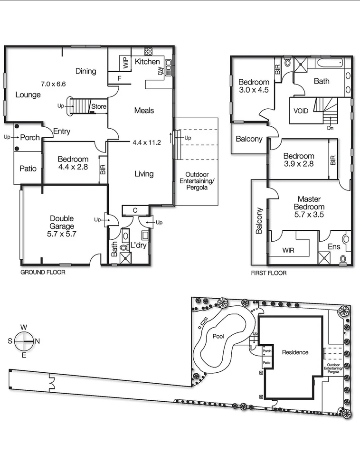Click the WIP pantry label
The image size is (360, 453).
126,62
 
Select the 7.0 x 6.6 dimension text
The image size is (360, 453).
53,84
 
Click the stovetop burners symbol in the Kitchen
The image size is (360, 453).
148,51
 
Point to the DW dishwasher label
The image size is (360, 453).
160,71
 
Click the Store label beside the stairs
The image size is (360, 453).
98,106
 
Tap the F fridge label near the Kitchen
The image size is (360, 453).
119,78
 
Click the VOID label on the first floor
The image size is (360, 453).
301,111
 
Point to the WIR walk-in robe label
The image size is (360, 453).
288,249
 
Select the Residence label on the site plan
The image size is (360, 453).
295,352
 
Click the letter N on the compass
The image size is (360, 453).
38,341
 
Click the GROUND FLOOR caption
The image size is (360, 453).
43,273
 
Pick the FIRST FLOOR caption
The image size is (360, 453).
268,274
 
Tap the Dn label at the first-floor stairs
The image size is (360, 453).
330,128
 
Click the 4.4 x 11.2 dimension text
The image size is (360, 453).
147,142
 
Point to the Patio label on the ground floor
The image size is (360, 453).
28,169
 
